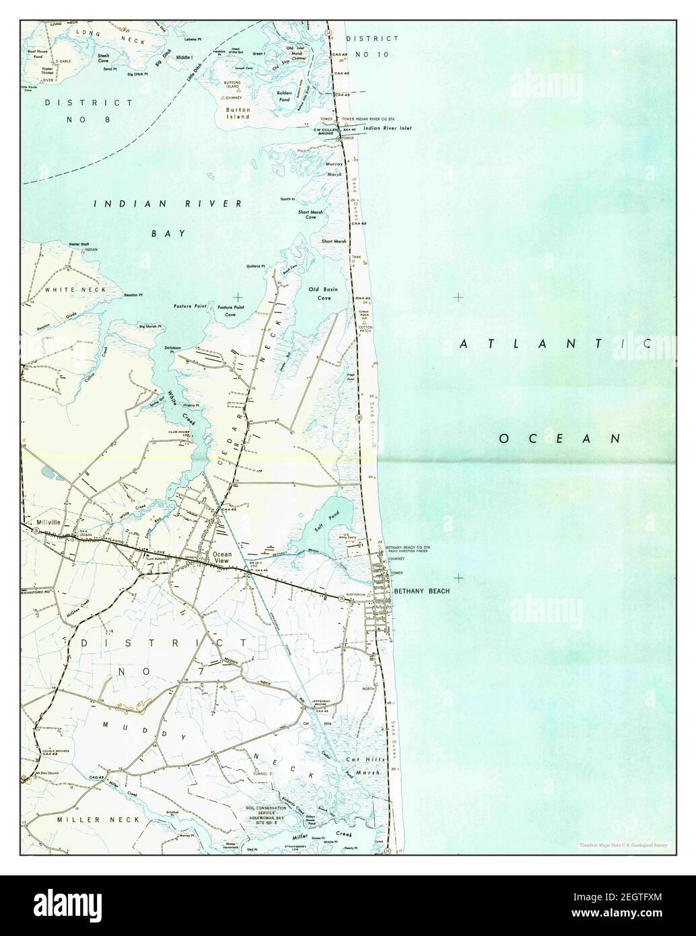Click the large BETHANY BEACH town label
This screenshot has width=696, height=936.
point(421,591)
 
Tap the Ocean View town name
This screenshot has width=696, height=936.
point(221,558)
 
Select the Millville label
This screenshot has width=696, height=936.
point(48,522)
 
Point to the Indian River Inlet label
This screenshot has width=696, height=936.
point(387,127)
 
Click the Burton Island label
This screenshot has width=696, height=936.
point(238,112)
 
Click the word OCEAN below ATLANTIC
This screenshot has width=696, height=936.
point(559,438)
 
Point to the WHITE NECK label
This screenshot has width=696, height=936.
point(63,290)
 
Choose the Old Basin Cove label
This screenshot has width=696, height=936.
point(324,293)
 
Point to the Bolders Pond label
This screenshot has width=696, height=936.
point(285,96)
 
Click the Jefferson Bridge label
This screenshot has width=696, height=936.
point(320,703)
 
